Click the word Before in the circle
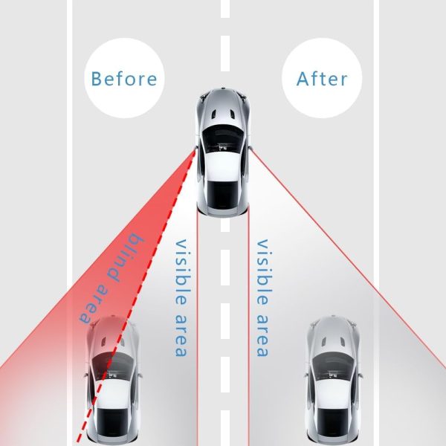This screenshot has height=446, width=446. click(x=124, y=79)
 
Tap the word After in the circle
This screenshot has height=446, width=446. click(x=322, y=79)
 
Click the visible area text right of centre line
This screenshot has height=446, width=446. click(x=262, y=297)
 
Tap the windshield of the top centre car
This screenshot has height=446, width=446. click(x=223, y=138)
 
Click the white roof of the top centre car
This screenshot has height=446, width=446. click(x=223, y=166)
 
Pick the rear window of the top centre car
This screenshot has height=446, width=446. click(x=223, y=194)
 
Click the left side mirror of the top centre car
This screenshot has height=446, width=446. click(x=195, y=148)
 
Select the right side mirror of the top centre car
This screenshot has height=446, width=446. click(x=251, y=148)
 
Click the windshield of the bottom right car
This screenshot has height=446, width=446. click(x=333, y=365)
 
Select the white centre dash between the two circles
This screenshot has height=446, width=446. click(x=225, y=54)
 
